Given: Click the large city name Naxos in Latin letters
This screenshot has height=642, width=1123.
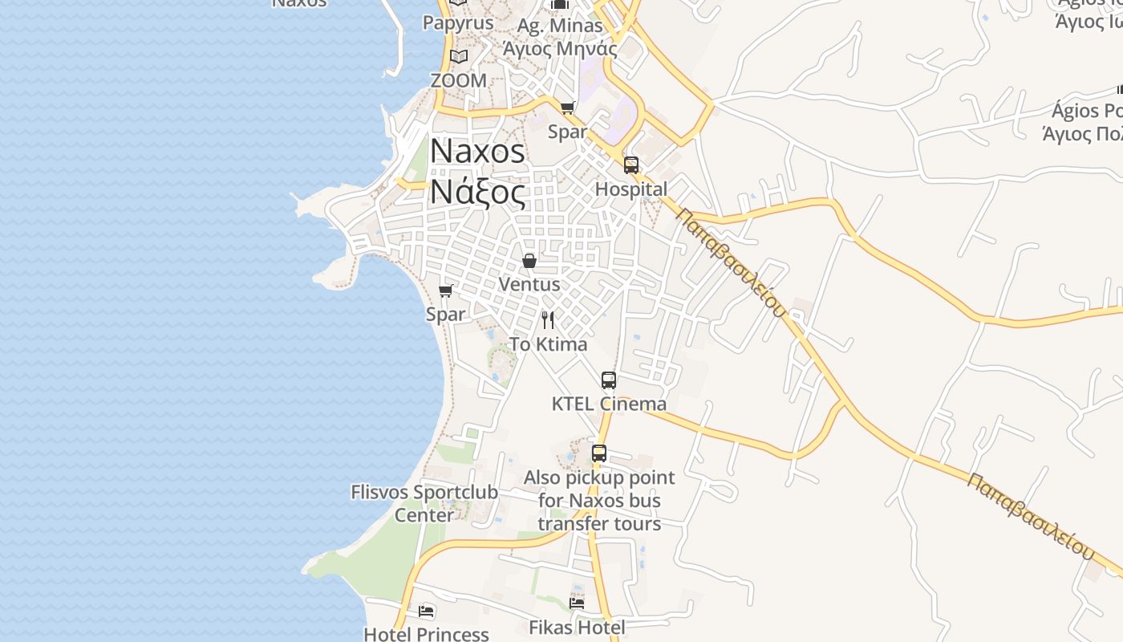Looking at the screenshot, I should (477, 152).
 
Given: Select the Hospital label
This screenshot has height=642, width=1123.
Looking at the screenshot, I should (630, 189).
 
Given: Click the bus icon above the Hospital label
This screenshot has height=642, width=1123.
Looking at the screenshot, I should (631, 165).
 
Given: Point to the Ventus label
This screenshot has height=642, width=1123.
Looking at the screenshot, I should (529, 284).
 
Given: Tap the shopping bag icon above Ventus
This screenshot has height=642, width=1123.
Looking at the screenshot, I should (529, 261).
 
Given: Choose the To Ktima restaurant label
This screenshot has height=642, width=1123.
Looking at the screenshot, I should (549, 344).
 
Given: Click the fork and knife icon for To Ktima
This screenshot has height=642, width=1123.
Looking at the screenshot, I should (548, 320).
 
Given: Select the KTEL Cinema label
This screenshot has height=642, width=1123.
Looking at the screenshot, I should (609, 404).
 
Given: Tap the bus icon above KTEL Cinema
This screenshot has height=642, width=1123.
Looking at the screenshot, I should (609, 380).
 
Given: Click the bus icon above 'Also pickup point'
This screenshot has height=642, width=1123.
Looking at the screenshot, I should (599, 453).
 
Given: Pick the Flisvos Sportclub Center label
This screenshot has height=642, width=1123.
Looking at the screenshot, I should (424, 503).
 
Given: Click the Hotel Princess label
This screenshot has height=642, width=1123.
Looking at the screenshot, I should (426, 634).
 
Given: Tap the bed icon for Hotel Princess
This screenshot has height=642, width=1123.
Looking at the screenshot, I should (426, 612).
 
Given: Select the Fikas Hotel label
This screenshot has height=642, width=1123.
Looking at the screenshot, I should (577, 627).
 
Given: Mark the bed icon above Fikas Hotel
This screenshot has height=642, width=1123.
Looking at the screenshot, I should (577, 603).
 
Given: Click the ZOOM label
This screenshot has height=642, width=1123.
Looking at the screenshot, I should (458, 80).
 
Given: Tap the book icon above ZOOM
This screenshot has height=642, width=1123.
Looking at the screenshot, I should (458, 57).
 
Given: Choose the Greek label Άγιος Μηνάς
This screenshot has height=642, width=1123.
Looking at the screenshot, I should (559, 48).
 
